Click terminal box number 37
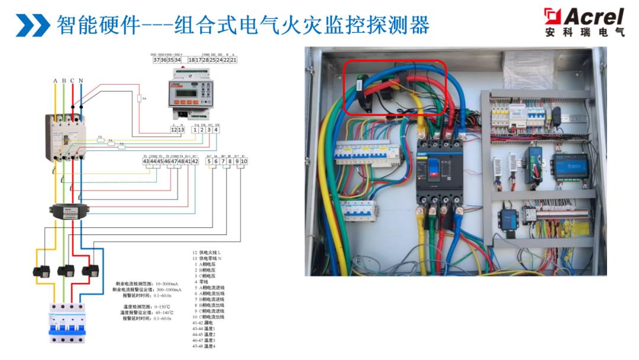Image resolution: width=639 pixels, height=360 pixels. [156, 60]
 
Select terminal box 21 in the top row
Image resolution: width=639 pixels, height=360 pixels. [234, 60]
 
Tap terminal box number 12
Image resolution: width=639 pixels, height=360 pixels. [174, 130]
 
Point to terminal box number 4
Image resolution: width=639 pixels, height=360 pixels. [217, 130]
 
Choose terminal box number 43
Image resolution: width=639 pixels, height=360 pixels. [146, 161]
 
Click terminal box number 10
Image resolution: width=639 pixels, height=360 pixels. [244, 161]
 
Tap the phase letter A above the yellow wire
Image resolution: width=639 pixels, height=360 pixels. [56, 81]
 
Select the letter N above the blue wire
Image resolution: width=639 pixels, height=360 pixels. [80, 81]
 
